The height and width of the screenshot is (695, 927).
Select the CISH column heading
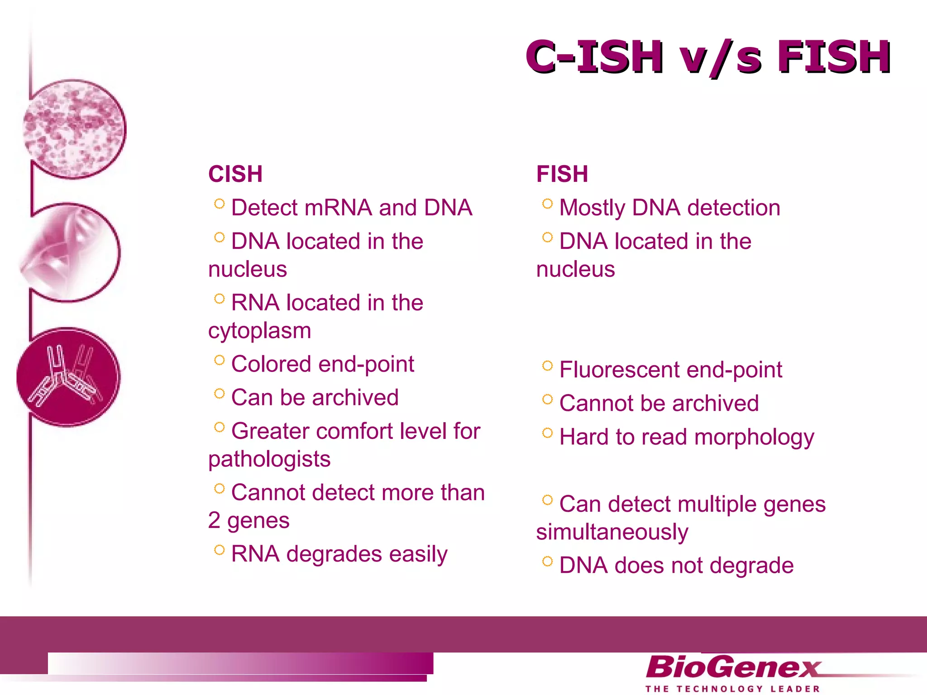point(235,174)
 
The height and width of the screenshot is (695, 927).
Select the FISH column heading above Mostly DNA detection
point(562,174)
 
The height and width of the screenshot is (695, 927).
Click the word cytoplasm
point(260,331)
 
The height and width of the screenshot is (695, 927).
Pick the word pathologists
point(269,460)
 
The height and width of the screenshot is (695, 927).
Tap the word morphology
point(754,438)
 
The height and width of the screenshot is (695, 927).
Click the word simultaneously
point(612,533)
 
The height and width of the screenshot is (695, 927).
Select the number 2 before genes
point(214,521)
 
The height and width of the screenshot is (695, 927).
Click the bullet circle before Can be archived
point(220,394)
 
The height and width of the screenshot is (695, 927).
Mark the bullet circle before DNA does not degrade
point(547,562)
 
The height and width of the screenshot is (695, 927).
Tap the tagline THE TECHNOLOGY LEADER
point(732,689)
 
